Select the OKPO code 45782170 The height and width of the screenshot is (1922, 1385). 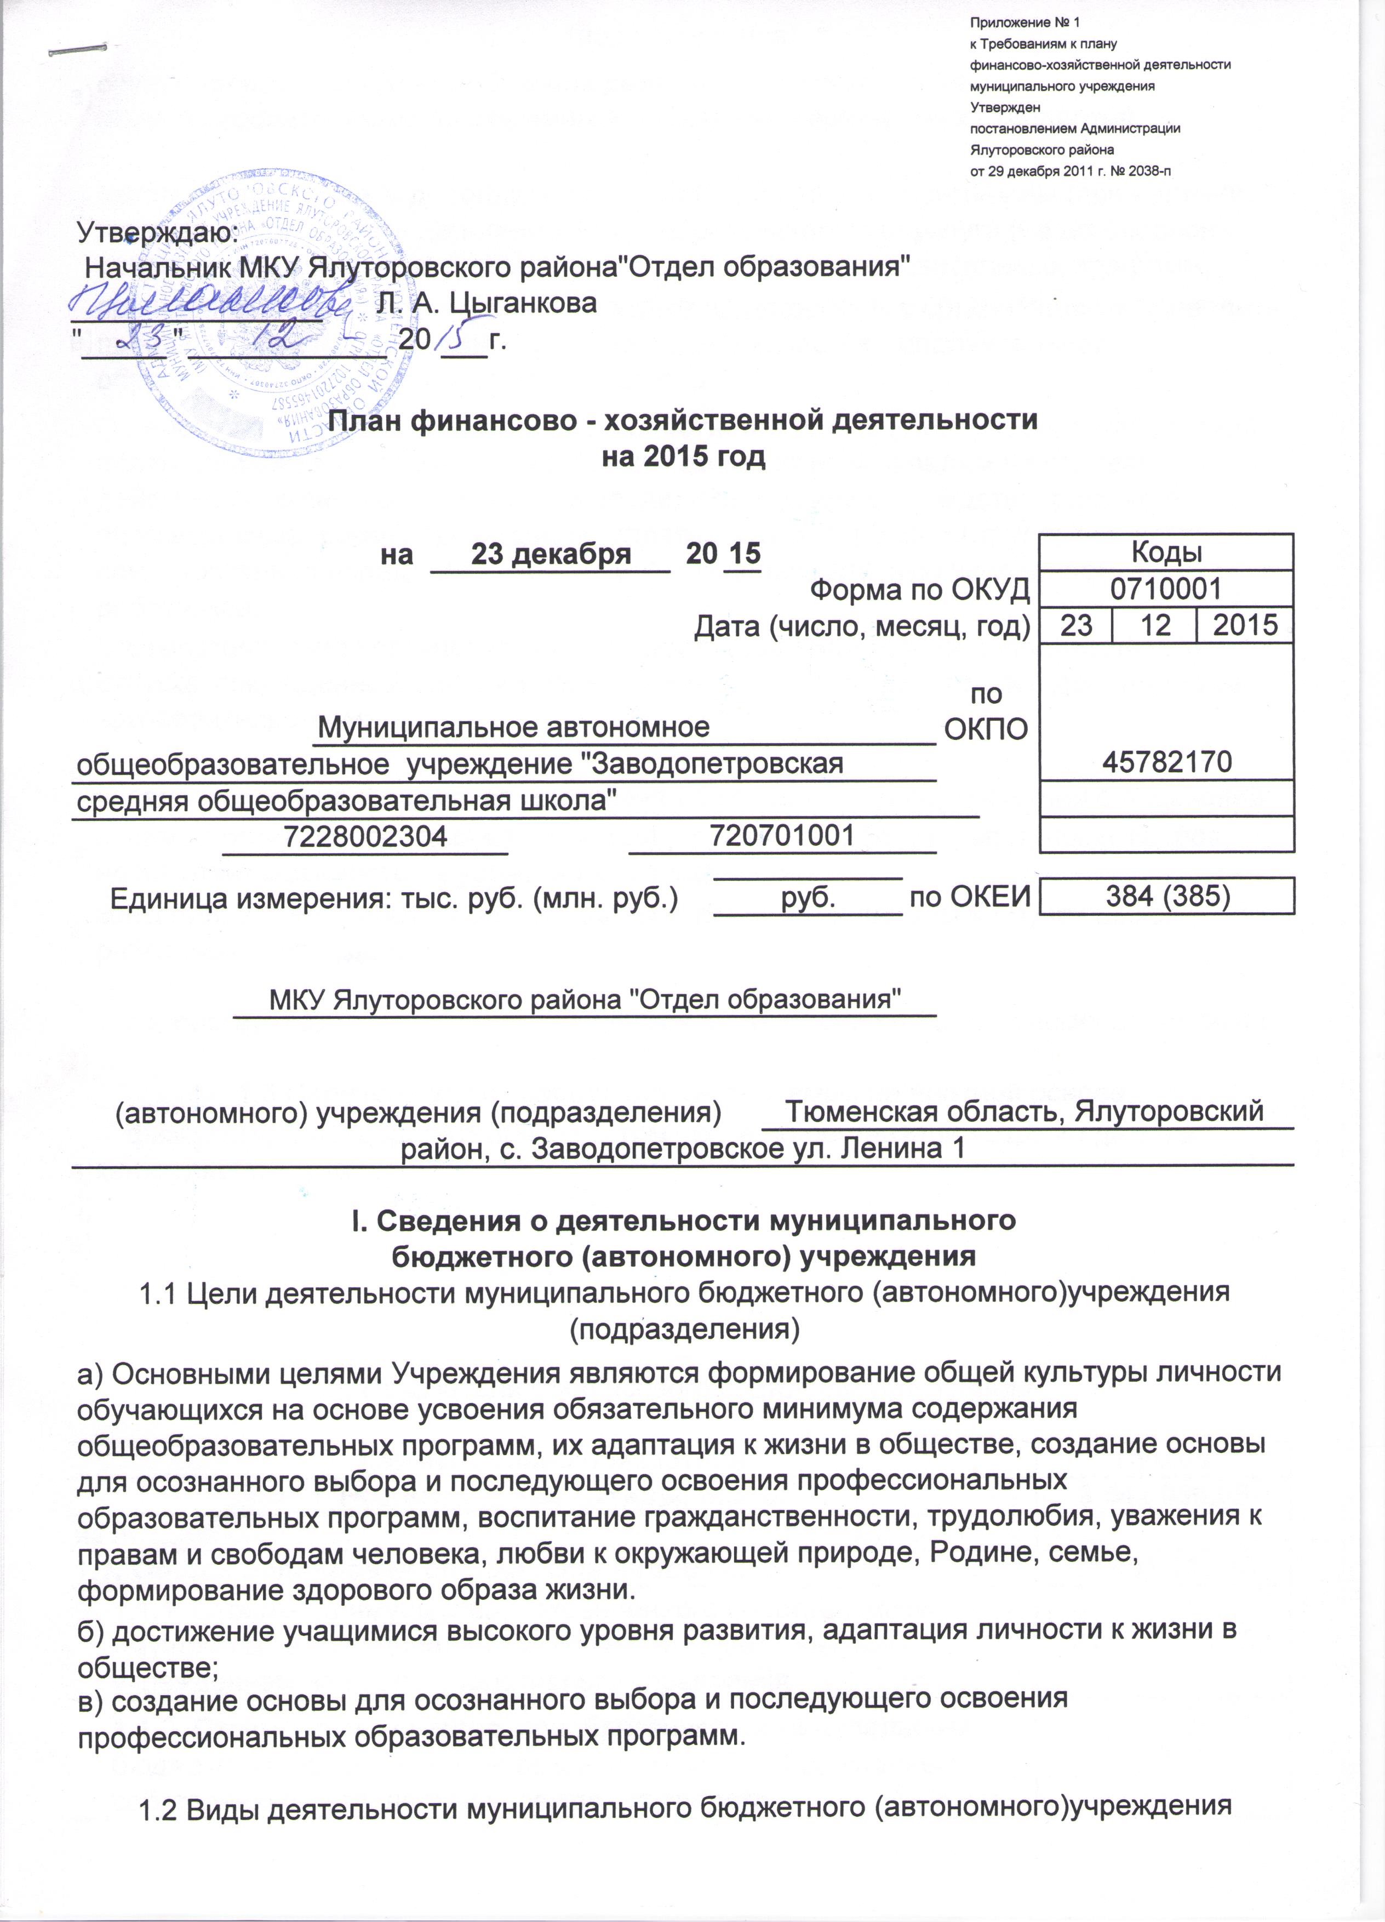1166,762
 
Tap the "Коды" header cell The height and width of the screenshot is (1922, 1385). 1166,552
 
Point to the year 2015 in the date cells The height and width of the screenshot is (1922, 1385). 1244,625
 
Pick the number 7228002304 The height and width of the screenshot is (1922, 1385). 365,836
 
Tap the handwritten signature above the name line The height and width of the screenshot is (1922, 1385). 212,301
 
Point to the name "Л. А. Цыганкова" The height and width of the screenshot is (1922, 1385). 485,303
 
